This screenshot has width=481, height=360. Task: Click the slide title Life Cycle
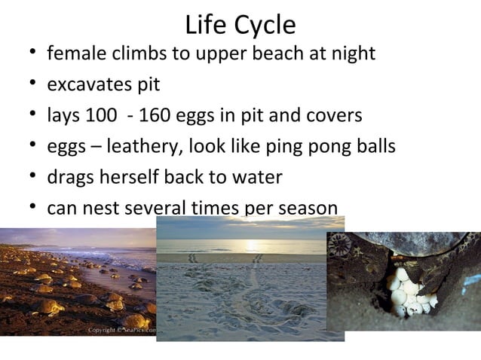click(240, 25)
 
